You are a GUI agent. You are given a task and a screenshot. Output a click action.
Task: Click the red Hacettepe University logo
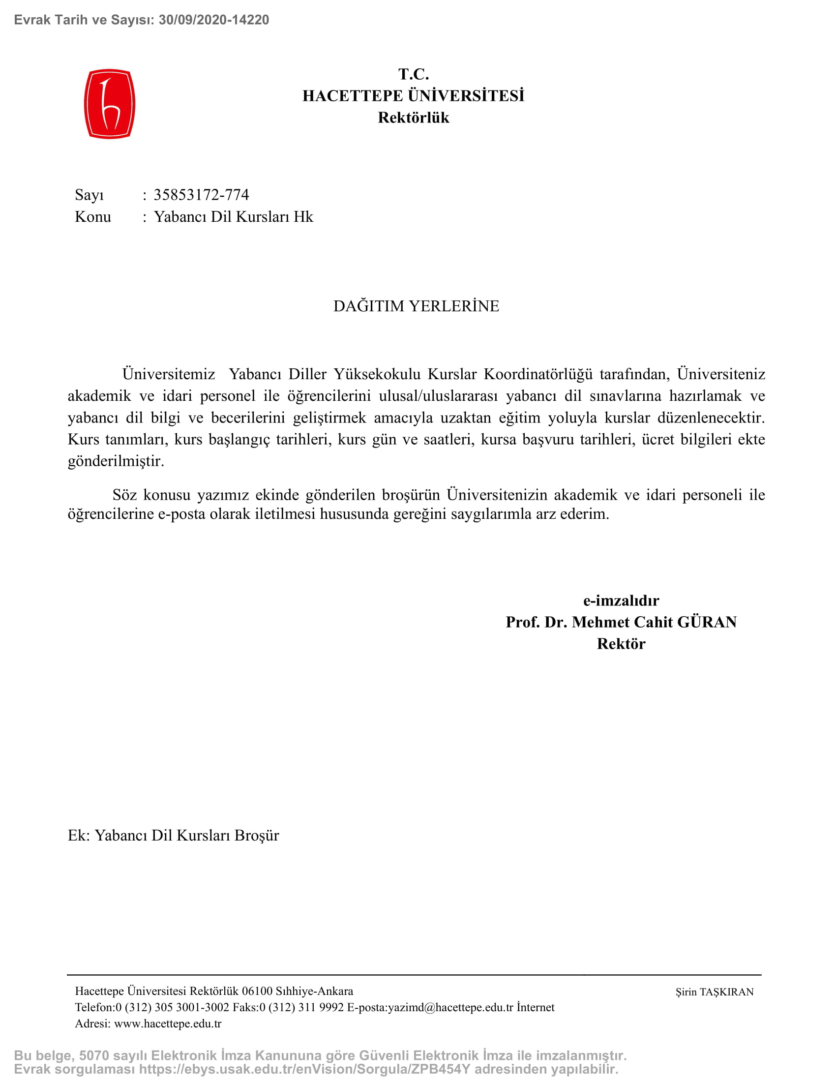[x=110, y=104]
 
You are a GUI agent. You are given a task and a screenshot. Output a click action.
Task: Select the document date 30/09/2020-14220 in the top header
[x=213, y=20]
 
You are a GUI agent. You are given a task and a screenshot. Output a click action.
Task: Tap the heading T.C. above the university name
[x=414, y=74]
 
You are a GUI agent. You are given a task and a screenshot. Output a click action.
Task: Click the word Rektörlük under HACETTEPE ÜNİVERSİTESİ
[x=414, y=118]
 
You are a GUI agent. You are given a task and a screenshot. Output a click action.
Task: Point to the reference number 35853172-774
[x=201, y=195]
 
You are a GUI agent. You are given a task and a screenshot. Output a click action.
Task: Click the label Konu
[x=92, y=216]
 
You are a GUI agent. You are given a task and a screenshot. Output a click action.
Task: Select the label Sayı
[x=89, y=195]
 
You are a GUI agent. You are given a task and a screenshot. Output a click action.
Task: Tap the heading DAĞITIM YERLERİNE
[x=416, y=306]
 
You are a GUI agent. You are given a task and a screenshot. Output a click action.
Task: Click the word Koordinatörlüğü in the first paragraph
[x=538, y=374]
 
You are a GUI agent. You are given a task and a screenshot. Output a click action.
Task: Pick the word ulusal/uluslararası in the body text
[x=438, y=395]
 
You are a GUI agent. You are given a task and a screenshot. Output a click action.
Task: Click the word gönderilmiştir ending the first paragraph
[x=116, y=461]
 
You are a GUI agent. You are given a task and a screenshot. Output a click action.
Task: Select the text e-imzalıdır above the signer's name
[x=621, y=601]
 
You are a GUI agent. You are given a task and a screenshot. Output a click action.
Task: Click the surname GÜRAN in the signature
[x=707, y=622]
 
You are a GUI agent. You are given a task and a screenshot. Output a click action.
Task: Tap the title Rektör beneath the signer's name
[x=621, y=644]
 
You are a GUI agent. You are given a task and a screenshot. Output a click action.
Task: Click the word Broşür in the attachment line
[x=257, y=835]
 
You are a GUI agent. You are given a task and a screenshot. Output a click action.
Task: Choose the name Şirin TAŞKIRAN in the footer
[x=715, y=992]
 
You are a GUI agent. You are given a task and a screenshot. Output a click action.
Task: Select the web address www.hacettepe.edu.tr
[x=168, y=1023]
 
